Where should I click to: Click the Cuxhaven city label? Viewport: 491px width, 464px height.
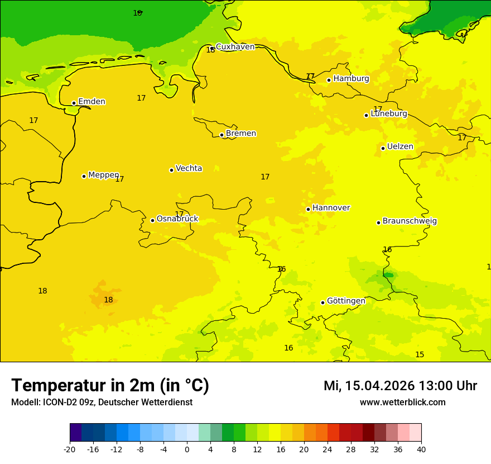(235, 47)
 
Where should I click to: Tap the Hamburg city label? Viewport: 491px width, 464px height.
(351, 79)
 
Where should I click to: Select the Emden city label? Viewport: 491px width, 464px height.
(92, 102)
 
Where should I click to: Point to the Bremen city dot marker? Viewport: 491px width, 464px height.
(222, 135)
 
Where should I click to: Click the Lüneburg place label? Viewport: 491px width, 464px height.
(388, 113)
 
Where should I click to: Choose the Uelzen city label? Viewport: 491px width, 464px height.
(400, 147)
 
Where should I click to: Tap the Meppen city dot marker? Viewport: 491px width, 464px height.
(84, 176)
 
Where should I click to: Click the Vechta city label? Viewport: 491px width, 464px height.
(189, 168)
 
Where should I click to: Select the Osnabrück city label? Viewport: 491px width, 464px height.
(177, 219)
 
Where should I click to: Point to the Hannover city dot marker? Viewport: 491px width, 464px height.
(308, 209)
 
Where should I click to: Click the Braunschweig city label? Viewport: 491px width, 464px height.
(410, 221)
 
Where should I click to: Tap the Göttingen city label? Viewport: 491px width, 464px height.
(346, 301)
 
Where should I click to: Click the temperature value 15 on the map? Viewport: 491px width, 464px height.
(420, 355)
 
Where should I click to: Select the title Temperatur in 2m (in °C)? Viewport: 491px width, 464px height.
(110, 386)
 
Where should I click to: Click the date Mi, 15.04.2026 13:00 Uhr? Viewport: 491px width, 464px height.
(400, 386)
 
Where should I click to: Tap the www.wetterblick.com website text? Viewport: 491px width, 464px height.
(402, 403)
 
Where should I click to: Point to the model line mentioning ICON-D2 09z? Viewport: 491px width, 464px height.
(102, 403)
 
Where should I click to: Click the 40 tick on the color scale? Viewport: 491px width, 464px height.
(421, 449)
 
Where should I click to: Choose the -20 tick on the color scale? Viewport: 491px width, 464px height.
(70, 449)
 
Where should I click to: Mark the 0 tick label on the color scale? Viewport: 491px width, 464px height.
(187, 449)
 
